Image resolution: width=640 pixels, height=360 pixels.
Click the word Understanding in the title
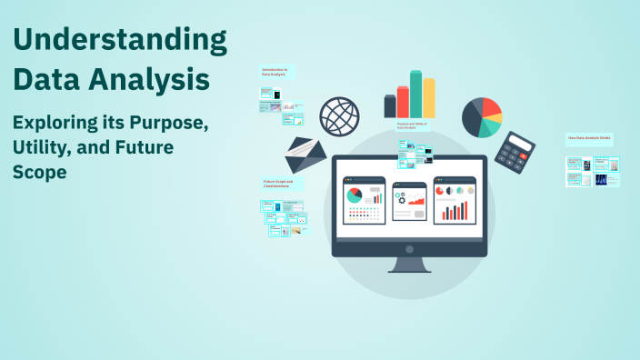tap(119, 41)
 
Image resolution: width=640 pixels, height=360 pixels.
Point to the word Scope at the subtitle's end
tap(39, 170)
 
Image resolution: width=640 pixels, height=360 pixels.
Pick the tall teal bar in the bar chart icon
tap(415, 95)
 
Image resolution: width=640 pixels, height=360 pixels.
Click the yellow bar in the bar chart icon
tap(429, 98)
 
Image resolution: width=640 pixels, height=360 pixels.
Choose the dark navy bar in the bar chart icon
tap(390, 106)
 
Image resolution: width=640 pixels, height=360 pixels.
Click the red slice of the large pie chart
tap(492, 110)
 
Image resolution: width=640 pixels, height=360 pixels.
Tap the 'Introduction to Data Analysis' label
tap(275, 72)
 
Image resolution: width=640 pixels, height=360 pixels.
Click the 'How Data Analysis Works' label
tap(589, 139)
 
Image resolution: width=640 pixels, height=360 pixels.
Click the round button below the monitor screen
tap(409, 248)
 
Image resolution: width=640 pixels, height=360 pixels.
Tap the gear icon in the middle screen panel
tap(400, 197)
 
